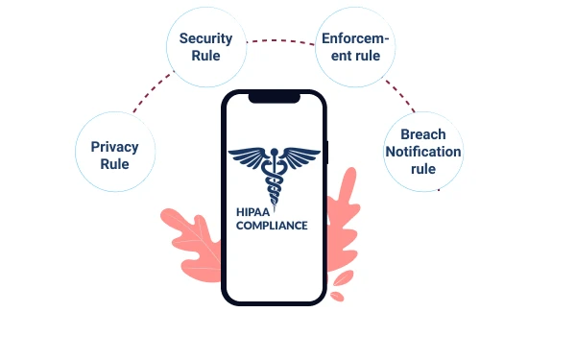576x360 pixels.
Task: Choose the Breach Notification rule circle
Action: point(423,151)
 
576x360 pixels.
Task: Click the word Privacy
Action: point(114,147)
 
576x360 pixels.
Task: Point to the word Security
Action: point(205,38)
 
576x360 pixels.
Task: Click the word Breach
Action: point(423,134)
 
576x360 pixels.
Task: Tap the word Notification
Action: point(423,152)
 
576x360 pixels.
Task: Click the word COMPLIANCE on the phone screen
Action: point(272,227)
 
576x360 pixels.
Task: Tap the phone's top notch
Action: point(274,97)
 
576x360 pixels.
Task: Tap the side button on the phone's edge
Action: point(327,154)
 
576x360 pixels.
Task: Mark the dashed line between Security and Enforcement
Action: point(279,40)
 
